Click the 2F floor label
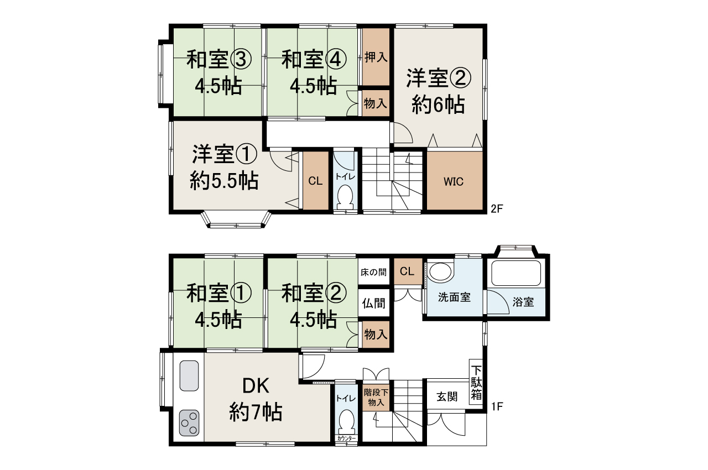coord(496,209)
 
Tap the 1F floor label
coord(496,408)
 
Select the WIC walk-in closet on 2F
coord(454,181)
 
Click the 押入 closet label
coord(376,57)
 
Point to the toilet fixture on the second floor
coord(346,196)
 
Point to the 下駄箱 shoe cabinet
coord(476,381)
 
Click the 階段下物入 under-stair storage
coord(376,397)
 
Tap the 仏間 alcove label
coord(373,304)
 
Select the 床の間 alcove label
coord(373,273)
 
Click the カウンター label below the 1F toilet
coord(346,439)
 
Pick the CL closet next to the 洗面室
coord(407,271)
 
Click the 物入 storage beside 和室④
coord(376,103)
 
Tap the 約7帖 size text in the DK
coord(256,412)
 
